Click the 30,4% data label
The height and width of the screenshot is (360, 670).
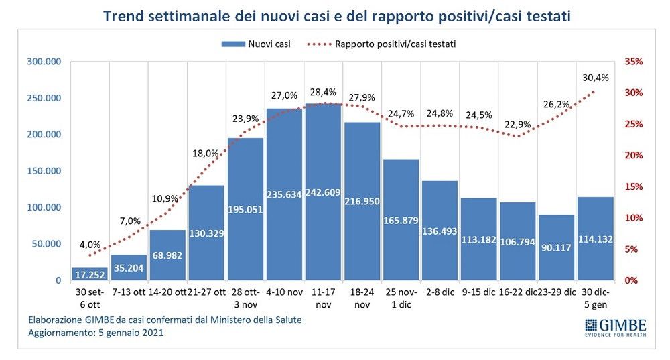click(x=595, y=78)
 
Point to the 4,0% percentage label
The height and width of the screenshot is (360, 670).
click(x=90, y=244)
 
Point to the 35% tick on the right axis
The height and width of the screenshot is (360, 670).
click(x=633, y=62)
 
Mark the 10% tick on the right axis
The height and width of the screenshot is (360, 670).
click(x=633, y=218)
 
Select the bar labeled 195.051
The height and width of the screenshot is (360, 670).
click(x=245, y=208)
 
